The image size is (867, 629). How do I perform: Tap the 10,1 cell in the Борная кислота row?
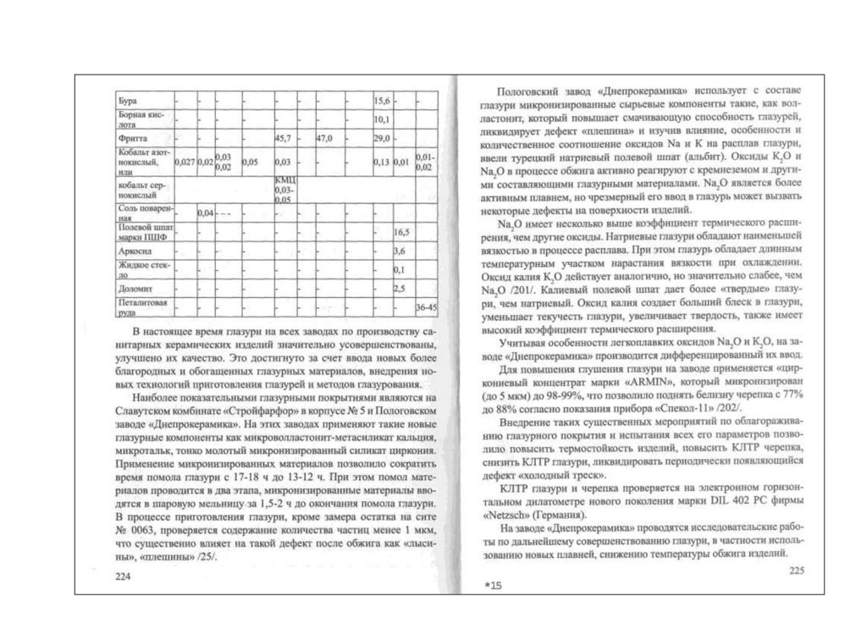(381, 119)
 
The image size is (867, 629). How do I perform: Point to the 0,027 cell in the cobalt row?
(185, 161)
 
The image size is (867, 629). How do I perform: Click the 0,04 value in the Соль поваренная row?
(204, 212)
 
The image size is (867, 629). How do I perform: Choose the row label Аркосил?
(135, 251)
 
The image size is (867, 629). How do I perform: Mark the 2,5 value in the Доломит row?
(400, 289)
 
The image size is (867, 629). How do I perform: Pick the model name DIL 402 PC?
(704, 502)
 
